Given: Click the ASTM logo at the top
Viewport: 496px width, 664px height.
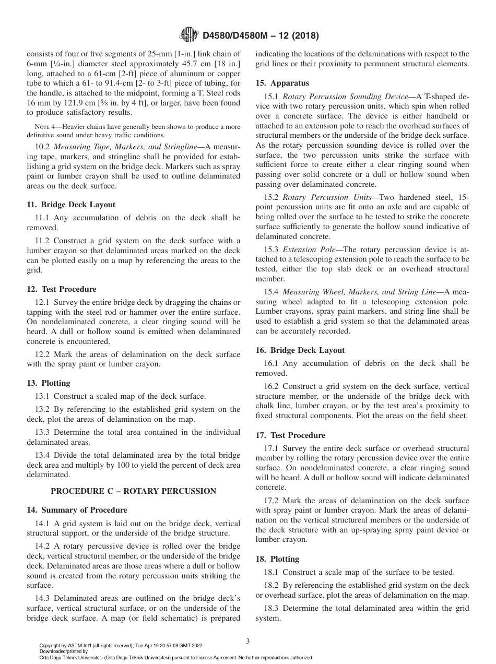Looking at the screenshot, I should pos(188,35).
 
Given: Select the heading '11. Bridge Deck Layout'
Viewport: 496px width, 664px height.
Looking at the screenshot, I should pos(71,205).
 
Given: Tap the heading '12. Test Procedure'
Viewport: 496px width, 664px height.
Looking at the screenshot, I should pos(62,289).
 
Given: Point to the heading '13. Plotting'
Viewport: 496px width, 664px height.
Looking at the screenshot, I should pos(49,383).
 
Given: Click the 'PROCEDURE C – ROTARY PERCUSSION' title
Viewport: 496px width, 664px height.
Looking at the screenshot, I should pos(133,491).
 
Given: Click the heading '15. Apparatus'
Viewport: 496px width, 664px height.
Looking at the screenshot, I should pos(282,83).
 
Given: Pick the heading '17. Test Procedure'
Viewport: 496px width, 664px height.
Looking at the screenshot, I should pos(290,435).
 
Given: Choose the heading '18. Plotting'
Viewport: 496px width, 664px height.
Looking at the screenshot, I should pos(277,559).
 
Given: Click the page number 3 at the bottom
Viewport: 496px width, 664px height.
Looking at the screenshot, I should pos(248,641).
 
